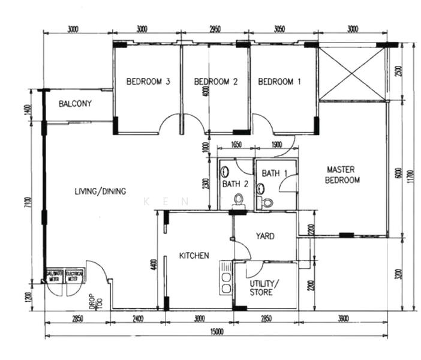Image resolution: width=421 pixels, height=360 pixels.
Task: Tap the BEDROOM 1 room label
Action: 279,82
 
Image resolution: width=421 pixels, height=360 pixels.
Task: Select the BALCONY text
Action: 75,104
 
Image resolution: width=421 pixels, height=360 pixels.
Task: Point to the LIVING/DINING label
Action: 100,191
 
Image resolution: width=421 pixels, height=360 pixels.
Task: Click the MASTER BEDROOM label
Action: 342,175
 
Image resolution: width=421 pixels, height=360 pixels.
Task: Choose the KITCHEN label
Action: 194,256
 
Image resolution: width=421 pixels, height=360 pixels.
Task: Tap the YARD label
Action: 265,236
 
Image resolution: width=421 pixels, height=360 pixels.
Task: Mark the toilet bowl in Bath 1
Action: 267,202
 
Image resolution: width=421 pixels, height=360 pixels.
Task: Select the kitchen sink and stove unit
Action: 226,277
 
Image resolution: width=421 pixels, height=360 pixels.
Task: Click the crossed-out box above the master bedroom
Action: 352,74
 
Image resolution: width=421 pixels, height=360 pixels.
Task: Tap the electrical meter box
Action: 74,275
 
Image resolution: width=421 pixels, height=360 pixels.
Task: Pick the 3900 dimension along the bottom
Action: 343,318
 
